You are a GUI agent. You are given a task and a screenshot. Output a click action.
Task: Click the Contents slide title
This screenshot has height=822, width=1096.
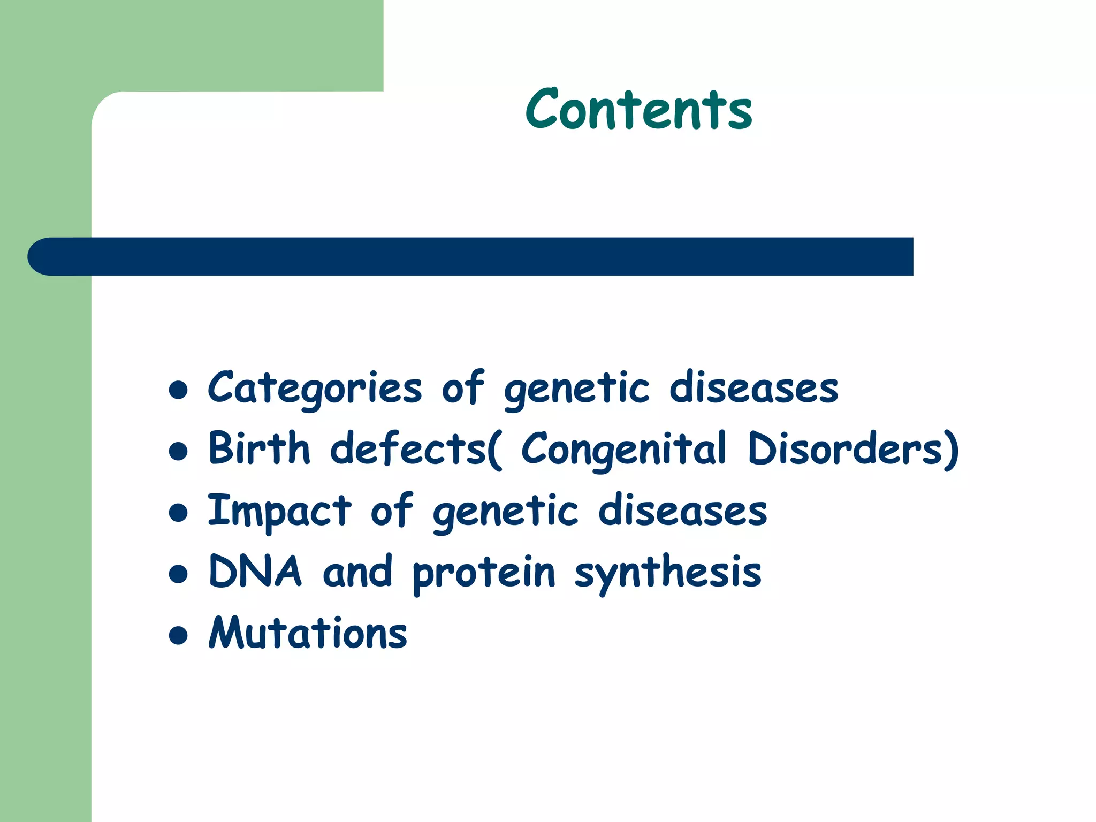pyautogui.click(x=639, y=110)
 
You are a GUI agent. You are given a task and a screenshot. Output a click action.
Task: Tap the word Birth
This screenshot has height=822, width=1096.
pyautogui.click(x=259, y=448)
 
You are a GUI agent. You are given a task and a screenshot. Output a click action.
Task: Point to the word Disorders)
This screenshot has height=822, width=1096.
pyautogui.click(x=853, y=450)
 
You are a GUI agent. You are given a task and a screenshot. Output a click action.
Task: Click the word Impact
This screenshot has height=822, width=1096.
pyautogui.click(x=279, y=511)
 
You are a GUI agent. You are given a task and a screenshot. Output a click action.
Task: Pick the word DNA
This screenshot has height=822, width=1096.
pyautogui.click(x=255, y=572)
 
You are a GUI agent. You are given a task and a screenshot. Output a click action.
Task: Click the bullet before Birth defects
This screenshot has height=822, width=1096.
pyautogui.click(x=178, y=451)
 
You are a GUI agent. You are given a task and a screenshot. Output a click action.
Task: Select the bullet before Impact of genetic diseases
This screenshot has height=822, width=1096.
pyautogui.click(x=178, y=513)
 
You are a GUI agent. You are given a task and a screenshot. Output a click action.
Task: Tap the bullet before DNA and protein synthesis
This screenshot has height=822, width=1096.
pyautogui.click(x=178, y=574)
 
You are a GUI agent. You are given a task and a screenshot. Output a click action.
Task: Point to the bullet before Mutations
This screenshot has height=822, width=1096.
pyautogui.click(x=178, y=635)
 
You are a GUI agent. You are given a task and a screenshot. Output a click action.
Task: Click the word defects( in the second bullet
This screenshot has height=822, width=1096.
pyautogui.click(x=416, y=449)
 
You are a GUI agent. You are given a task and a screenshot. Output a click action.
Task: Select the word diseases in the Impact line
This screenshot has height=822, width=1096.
pyautogui.click(x=682, y=511)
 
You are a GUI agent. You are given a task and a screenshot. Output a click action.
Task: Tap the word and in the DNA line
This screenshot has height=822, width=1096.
pyautogui.click(x=357, y=572)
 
